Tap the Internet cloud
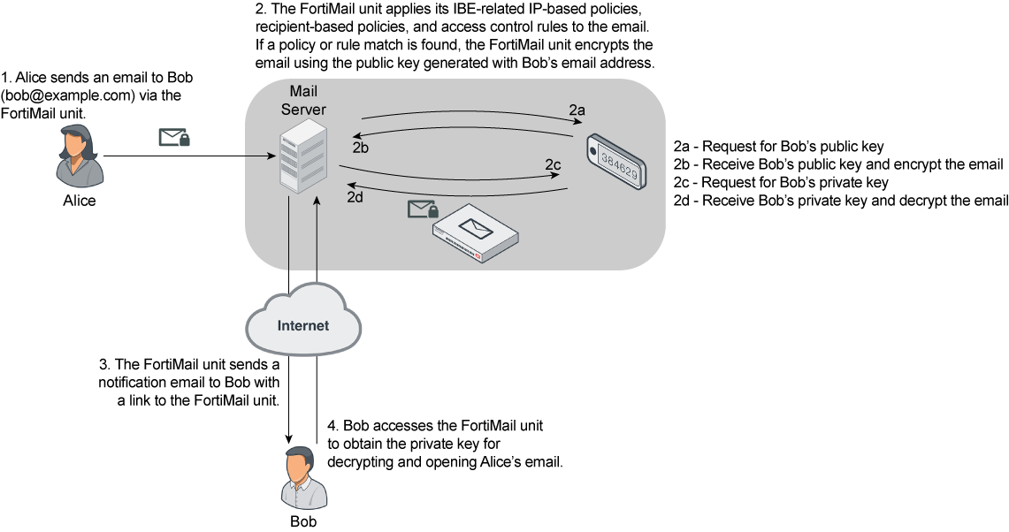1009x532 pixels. click(x=303, y=324)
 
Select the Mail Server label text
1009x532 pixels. click(x=303, y=101)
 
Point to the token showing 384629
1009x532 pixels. click(x=617, y=161)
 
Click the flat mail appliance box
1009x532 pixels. click(x=476, y=235)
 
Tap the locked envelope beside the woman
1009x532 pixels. click(x=174, y=137)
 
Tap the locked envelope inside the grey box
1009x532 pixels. click(x=423, y=209)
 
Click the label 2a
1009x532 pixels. click(x=577, y=110)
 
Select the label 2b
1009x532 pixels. click(x=361, y=147)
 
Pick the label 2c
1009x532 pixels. click(x=554, y=164)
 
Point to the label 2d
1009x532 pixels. click(x=355, y=197)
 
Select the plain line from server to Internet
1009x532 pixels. click(x=289, y=234)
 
